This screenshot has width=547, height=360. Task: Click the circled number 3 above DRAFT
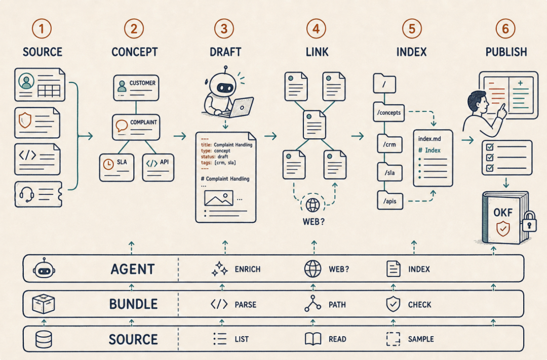pos(224,28)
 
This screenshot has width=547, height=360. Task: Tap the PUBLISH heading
pos(506,52)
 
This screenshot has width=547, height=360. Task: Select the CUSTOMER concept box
pos(136,88)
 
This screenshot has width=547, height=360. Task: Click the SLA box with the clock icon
pos(116,168)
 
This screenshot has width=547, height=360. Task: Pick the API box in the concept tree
pos(158,168)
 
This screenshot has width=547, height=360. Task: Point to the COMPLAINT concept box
pos(136,127)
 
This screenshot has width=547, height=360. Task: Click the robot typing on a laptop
pos(227,94)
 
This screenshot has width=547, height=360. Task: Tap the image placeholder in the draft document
pos(219,198)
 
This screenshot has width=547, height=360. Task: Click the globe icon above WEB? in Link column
pos(312,205)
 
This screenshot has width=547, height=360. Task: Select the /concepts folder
pos(388,112)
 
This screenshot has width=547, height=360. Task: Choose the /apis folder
pos(390,201)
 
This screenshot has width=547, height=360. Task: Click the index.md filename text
pos(429,139)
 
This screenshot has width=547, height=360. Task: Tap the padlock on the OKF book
pos(529,222)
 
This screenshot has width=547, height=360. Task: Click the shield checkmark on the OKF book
pos(503,229)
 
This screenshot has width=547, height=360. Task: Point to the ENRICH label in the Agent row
pos(247,269)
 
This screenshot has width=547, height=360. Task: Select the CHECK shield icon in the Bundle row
pos(393,304)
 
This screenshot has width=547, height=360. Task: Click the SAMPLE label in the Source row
pos(421,339)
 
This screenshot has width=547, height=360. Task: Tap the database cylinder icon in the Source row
pos(44,339)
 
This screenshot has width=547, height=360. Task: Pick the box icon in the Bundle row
pos(43,303)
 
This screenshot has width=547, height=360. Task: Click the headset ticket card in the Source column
pos(38,194)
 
